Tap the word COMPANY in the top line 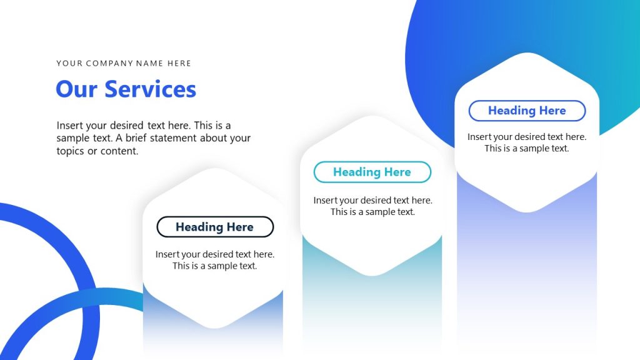(x=109, y=63)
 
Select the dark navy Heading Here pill (x=214, y=227)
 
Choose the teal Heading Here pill (x=372, y=172)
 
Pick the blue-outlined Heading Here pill (x=527, y=111)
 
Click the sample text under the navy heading (x=214, y=260)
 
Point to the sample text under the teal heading (x=372, y=206)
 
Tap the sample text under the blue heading (x=527, y=142)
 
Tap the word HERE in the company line (x=179, y=63)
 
